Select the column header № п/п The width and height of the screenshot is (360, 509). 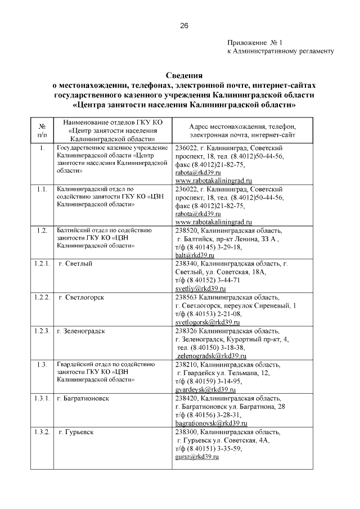pos(42,131)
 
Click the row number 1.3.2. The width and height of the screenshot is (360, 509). pos(42,432)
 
